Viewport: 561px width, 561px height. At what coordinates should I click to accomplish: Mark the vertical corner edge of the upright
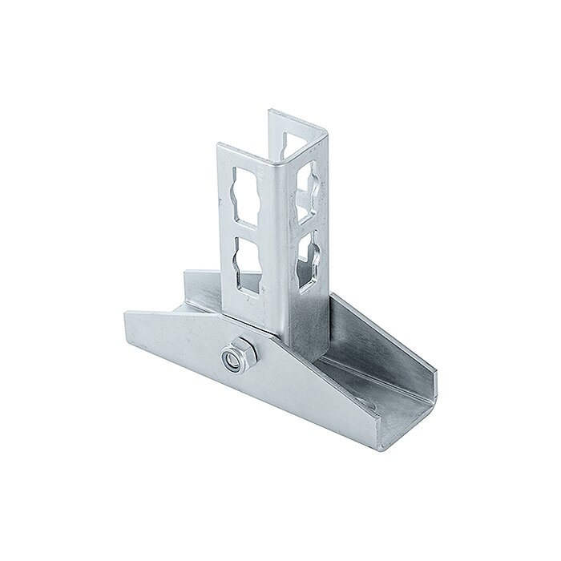click(277, 240)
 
